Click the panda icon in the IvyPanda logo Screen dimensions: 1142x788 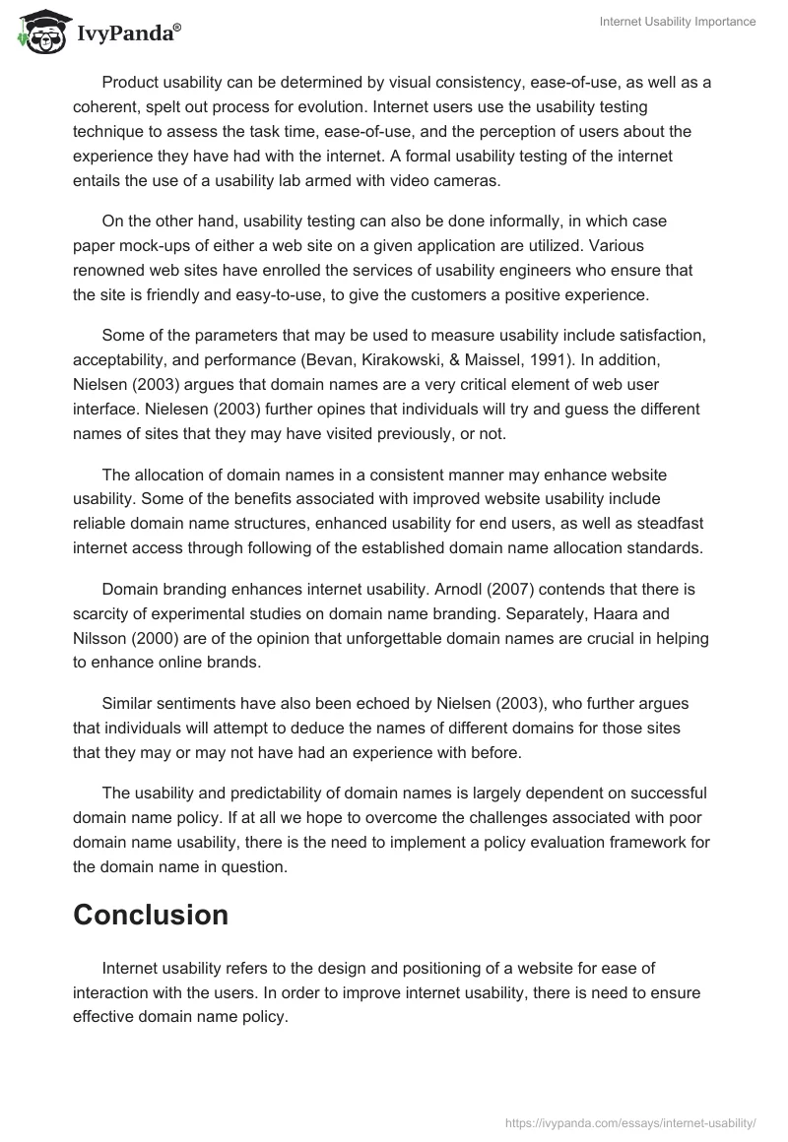pyautogui.click(x=40, y=30)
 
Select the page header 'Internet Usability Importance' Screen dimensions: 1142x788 pyautogui.click(x=678, y=23)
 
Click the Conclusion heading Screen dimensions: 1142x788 pyautogui.click(x=151, y=915)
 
